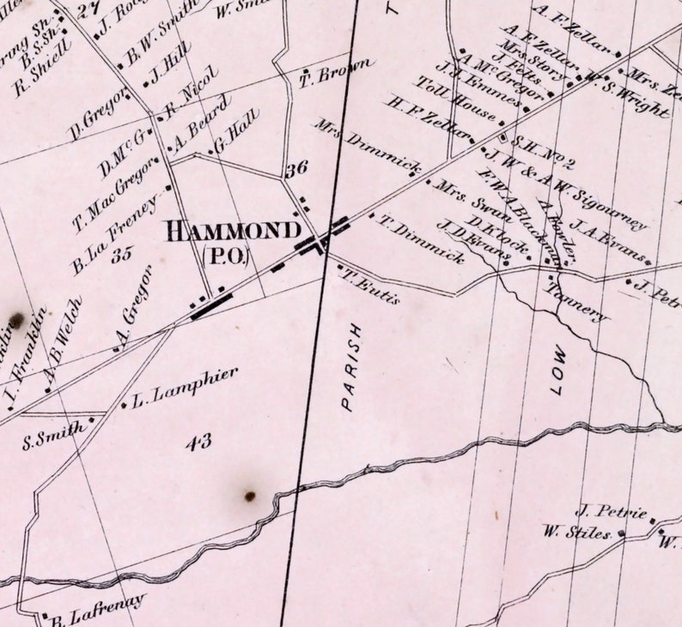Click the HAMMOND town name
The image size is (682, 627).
[x=233, y=231]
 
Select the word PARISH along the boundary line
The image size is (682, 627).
[x=350, y=367]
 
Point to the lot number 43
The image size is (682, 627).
[x=198, y=442]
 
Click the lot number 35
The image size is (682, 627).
[x=121, y=254]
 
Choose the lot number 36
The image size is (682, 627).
[x=296, y=169]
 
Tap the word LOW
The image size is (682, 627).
[x=559, y=370]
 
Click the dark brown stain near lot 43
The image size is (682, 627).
[x=250, y=496]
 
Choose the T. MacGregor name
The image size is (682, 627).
[x=119, y=192]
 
